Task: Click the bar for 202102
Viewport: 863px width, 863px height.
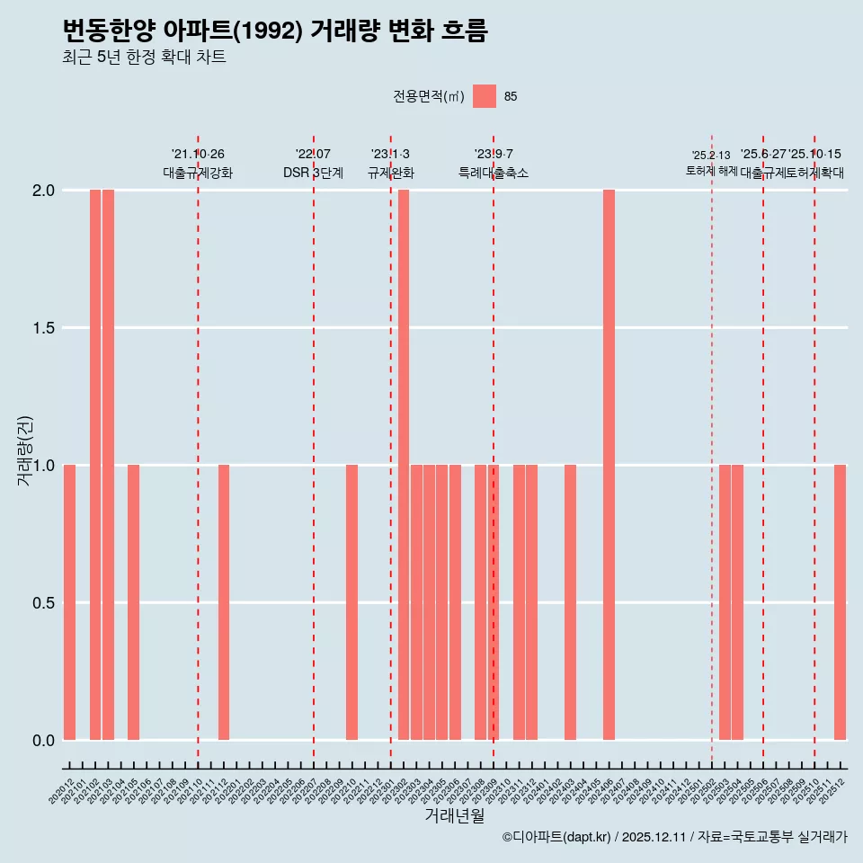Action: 95,465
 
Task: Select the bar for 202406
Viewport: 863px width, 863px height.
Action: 609,465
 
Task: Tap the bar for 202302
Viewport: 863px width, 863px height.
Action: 404,465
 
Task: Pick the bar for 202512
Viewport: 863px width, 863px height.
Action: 840,602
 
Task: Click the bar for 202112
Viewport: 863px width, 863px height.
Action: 224,602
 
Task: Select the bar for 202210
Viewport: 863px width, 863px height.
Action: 352,602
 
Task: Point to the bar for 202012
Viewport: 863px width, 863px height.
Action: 69,602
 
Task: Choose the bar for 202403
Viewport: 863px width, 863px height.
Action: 570,602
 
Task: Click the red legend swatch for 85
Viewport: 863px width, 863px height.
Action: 485,96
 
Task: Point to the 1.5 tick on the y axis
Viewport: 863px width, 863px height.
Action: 42,328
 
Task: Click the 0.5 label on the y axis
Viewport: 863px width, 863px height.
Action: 42,602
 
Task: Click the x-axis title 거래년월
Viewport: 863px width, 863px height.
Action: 454,815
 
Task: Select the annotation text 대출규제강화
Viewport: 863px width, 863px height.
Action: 198,173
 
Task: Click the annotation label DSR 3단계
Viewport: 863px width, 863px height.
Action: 313,173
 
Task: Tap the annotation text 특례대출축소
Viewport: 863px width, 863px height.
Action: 494,173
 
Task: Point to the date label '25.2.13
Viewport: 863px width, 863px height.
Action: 711,156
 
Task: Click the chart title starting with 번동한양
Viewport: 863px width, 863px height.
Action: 275,31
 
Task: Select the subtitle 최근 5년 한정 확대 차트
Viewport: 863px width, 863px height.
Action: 144,58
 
